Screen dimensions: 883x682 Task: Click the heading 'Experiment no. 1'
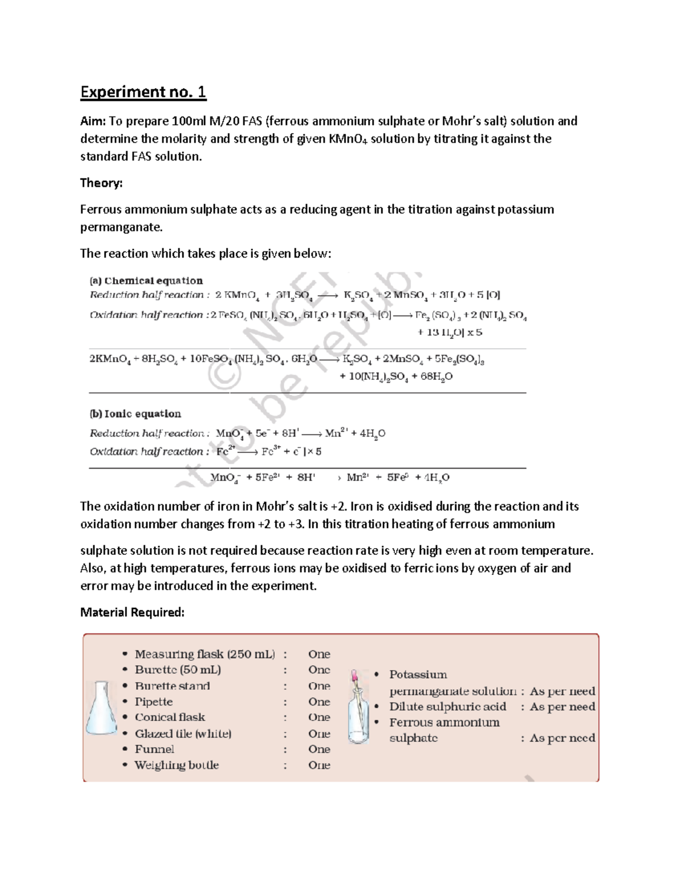point(143,92)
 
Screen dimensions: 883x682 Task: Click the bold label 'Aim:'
point(93,121)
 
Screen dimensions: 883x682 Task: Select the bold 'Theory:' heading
point(101,183)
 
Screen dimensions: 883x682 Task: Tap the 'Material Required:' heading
point(132,612)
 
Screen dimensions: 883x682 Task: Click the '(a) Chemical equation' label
point(146,280)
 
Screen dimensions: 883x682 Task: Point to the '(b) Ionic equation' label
point(135,413)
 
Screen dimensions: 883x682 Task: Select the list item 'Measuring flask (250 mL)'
point(205,654)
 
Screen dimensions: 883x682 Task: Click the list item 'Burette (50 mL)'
point(178,670)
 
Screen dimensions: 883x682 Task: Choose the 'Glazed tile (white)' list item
point(183,733)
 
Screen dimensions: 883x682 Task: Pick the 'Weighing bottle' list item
point(177,765)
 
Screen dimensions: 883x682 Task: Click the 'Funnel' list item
point(155,749)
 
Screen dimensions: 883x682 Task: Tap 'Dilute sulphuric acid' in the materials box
point(447,707)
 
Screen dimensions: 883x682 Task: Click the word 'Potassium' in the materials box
point(418,675)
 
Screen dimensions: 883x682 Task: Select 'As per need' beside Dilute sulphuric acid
point(562,707)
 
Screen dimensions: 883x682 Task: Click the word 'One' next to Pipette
point(319,702)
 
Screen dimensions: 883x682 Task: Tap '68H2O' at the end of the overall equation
point(436,376)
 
